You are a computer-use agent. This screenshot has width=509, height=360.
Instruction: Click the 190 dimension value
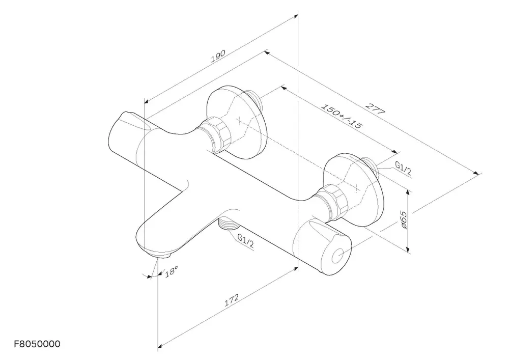tap(218, 56)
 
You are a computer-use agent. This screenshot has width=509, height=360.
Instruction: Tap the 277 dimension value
tap(376, 109)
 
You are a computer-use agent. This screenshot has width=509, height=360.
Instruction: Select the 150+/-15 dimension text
tap(341, 116)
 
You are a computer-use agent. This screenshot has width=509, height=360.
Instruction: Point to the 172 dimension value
tap(232, 300)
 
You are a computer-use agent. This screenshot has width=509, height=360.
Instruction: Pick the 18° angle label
tap(172, 271)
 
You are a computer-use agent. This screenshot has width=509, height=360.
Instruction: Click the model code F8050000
tap(37, 344)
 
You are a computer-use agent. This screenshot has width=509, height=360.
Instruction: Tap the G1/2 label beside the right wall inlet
tap(403, 168)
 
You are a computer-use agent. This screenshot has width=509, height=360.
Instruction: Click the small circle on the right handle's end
tap(337, 257)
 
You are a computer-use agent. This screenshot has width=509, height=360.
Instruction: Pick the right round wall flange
tap(354, 189)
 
